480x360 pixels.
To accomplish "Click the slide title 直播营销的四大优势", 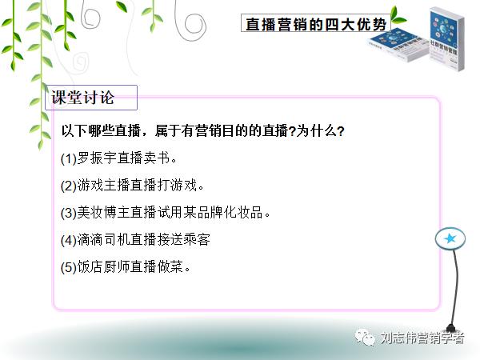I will coord(315,24).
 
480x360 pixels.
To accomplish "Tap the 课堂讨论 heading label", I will coord(83,98).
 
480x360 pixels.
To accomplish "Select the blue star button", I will coord(450,238).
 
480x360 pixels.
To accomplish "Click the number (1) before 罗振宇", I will coord(69,158).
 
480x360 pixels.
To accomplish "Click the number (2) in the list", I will coord(69,186).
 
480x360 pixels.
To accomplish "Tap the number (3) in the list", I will coord(69,213).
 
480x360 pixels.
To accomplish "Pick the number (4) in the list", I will coord(69,240).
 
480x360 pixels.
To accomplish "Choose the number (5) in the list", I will coord(69,266).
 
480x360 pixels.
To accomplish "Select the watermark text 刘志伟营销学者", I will coord(422,339).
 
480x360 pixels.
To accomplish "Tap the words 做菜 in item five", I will coord(170,266).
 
